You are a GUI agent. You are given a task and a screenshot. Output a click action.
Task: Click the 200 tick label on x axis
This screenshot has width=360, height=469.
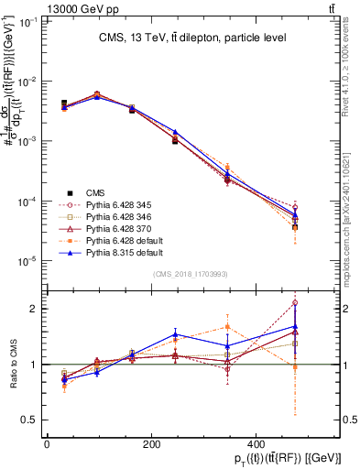[151, 442]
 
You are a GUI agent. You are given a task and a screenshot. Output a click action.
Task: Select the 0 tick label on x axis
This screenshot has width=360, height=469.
[47, 442]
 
